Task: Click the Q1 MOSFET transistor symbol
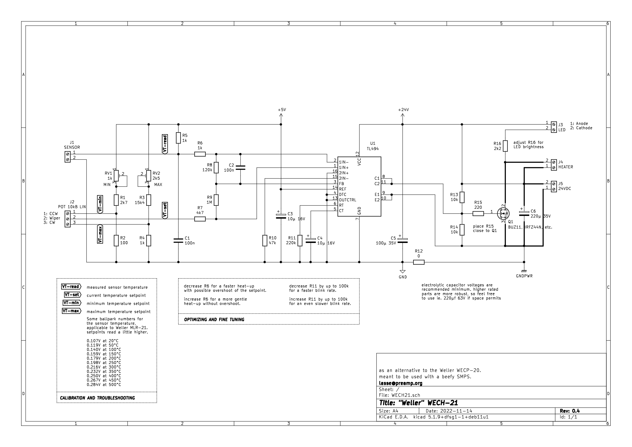tap(503, 213)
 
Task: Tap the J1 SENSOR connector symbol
tap(68, 157)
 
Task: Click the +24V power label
tap(403, 109)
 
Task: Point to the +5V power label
tap(282, 109)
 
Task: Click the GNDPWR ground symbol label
tap(524, 276)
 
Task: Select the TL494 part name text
tap(373, 149)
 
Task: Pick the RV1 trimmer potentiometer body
tap(116, 176)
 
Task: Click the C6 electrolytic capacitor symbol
tap(524, 213)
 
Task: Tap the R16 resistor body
tap(505, 146)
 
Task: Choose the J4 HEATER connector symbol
tap(554, 165)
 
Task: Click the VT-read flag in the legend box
tap(71, 286)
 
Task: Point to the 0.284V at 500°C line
tap(104, 385)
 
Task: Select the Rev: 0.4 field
tap(570, 411)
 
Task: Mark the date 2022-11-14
tap(456, 411)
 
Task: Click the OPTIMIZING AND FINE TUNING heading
tap(214, 319)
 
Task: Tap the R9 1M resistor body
tap(216, 200)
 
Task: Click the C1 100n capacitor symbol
tap(178, 241)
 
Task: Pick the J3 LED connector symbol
tap(554, 127)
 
